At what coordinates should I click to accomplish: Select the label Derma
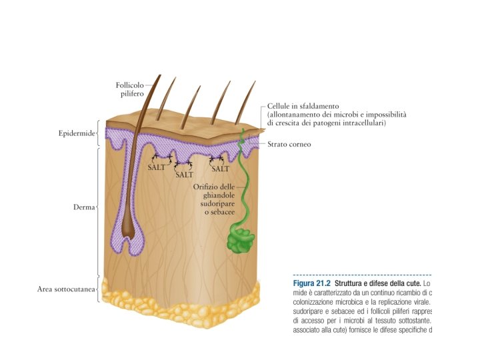pos(84,207)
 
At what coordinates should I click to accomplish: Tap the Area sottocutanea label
pos(65,289)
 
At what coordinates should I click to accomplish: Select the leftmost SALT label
pos(156,168)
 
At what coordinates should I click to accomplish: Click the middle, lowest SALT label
pos(184,175)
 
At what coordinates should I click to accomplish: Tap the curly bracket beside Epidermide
pos(99,133)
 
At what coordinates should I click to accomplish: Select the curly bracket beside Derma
pos(99,207)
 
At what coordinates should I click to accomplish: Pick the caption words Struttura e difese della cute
pos(377,283)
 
